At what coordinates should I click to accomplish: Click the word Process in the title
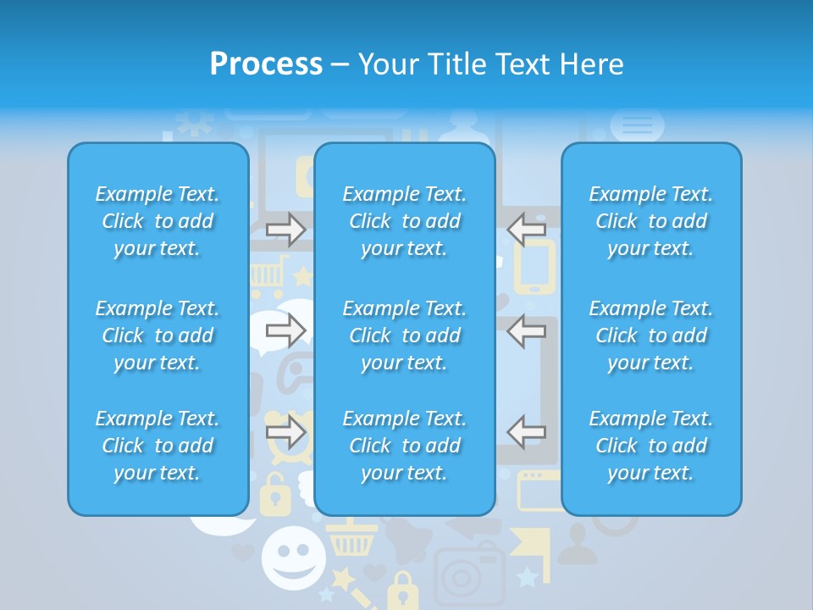pyautogui.click(x=266, y=64)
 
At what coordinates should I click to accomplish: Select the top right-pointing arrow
pyautogui.click(x=286, y=229)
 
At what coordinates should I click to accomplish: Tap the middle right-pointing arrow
pyautogui.click(x=286, y=330)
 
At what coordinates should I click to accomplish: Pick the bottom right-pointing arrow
pyautogui.click(x=286, y=432)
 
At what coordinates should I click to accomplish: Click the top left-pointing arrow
pyautogui.click(x=527, y=229)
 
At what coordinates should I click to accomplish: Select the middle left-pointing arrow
pyautogui.click(x=527, y=330)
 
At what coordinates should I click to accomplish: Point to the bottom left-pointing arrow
pyautogui.click(x=527, y=432)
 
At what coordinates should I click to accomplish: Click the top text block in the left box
pyautogui.click(x=158, y=221)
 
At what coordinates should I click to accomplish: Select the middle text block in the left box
pyautogui.click(x=158, y=335)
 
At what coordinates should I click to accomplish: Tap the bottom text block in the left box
pyautogui.click(x=158, y=446)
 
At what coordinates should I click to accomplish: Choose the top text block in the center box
pyautogui.click(x=405, y=221)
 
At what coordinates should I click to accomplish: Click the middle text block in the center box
pyautogui.click(x=405, y=335)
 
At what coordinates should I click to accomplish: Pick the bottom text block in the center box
pyautogui.click(x=405, y=446)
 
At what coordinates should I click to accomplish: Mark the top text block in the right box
pyautogui.click(x=651, y=221)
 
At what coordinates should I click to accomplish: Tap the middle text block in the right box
pyautogui.click(x=651, y=335)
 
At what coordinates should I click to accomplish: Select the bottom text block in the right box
pyautogui.click(x=651, y=446)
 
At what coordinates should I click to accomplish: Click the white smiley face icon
pyautogui.click(x=293, y=557)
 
